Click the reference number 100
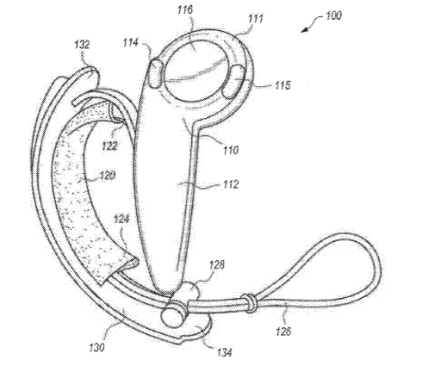click(x=333, y=15)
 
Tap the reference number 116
click(x=185, y=9)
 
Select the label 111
click(x=256, y=19)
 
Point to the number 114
click(x=131, y=42)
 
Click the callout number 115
click(x=282, y=85)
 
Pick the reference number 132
click(x=82, y=45)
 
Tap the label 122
click(x=110, y=146)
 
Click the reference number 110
click(x=231, y=150)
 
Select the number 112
click(x=231, y=184)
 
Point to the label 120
click(x=108, y=175)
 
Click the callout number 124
click(x=121, y=220)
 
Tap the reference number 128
click(x=217, y=264)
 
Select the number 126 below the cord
click(x=283, y=332)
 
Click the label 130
click(x=96, y=348)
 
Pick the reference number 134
click(x=225, y=352)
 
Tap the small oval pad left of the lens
click(x=156, y=73)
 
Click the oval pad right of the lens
click(x=234, y=81)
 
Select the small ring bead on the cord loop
click(x=249, y=303)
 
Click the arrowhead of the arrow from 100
click(x=304, y=30)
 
